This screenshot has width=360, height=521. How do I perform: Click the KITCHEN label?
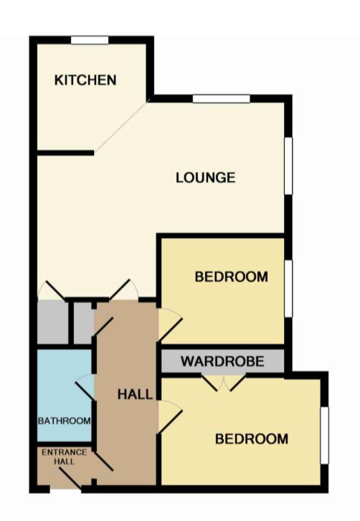tap(85, 80)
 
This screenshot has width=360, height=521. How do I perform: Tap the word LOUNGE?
tap(205, 178)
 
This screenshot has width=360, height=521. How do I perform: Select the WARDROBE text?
tap(222, 361)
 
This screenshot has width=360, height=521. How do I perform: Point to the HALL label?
tap(135, 394)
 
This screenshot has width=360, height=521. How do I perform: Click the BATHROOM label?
tap(64, 421)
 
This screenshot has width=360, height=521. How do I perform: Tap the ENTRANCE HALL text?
tap(65, 457)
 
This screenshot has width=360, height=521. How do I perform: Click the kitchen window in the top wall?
tap(90, 40)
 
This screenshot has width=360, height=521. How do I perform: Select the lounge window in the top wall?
tap(222, 99)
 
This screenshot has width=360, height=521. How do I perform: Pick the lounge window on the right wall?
tap(288, 166)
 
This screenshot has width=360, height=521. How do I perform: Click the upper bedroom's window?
tap(288, 288)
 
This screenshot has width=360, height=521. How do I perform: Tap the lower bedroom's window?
tap(324, 435)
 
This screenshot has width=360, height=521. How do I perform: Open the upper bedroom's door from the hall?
tap(170, 325)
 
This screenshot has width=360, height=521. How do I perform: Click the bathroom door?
tap(85, 388)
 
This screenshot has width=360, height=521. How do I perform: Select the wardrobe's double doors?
tap(224, 383)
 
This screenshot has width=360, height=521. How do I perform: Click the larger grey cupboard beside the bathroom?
tap(52, 322)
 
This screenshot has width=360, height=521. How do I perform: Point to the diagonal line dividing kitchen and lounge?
tap(120, 128)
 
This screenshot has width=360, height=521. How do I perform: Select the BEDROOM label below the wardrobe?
tap(252, 439)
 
